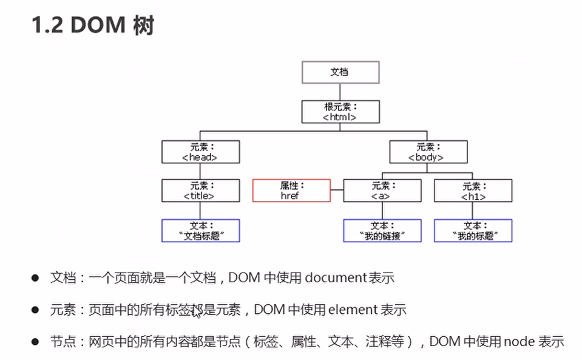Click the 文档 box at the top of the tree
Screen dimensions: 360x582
340,72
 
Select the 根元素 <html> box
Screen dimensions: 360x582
340,112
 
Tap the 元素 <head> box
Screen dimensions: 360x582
200,151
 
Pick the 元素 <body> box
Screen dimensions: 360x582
428,151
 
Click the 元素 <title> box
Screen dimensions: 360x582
200,191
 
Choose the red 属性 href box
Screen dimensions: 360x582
291,191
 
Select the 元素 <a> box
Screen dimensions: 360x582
382,191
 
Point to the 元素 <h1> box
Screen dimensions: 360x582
473,191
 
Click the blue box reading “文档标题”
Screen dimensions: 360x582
200,231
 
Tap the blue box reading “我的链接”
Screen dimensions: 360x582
382,231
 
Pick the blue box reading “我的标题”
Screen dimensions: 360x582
473,231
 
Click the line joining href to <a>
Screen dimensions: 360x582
337,191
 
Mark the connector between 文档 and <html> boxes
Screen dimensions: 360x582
340,92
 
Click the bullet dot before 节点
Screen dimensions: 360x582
35,342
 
